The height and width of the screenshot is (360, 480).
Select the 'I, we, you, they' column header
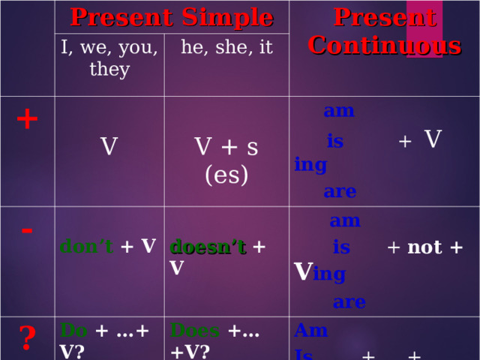coord(109,58)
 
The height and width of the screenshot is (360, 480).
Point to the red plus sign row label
coord(27,118)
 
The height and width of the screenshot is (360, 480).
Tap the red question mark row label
coord(27,339)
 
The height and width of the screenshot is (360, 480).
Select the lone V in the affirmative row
coord(109,146)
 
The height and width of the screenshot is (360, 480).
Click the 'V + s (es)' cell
coord(226,160)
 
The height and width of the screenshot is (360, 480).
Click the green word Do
coord(73,330)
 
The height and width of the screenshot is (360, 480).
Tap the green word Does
coord(194,330)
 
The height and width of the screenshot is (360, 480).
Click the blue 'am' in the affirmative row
coord(339,111)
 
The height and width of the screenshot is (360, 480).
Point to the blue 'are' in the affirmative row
coord(340,191)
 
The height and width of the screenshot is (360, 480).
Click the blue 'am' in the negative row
coord(345,220)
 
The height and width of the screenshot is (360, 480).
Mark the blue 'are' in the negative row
coord(349,302)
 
